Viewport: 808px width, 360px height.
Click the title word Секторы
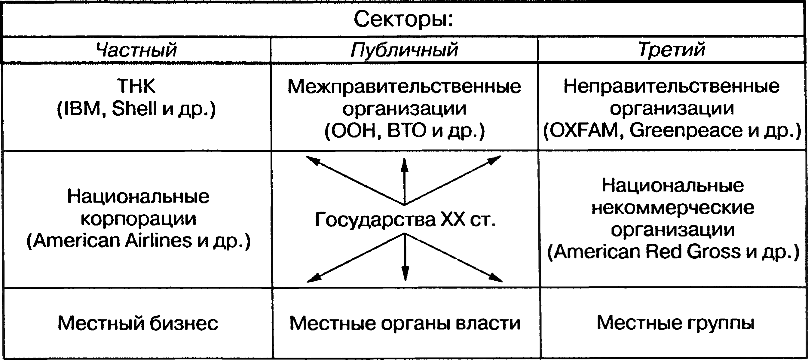click(x=403, y=20)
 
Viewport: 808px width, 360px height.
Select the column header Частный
click(x=136, y=50)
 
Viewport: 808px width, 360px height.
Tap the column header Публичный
click(x=404, y=50)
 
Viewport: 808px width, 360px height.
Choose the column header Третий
click(x=672, y=49)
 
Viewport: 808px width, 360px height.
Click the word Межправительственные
click(x=404, y=87)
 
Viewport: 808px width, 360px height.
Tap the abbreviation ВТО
click(x=407, y=130)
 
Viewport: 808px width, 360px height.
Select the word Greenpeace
click(x=686, y=130)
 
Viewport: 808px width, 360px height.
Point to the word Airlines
click(x=158, y=241)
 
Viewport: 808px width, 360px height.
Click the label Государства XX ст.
click(x=405, y=219)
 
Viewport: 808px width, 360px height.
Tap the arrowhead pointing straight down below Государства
click(x=405, y=274)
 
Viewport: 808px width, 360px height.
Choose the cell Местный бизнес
click(x=138, y=323)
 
